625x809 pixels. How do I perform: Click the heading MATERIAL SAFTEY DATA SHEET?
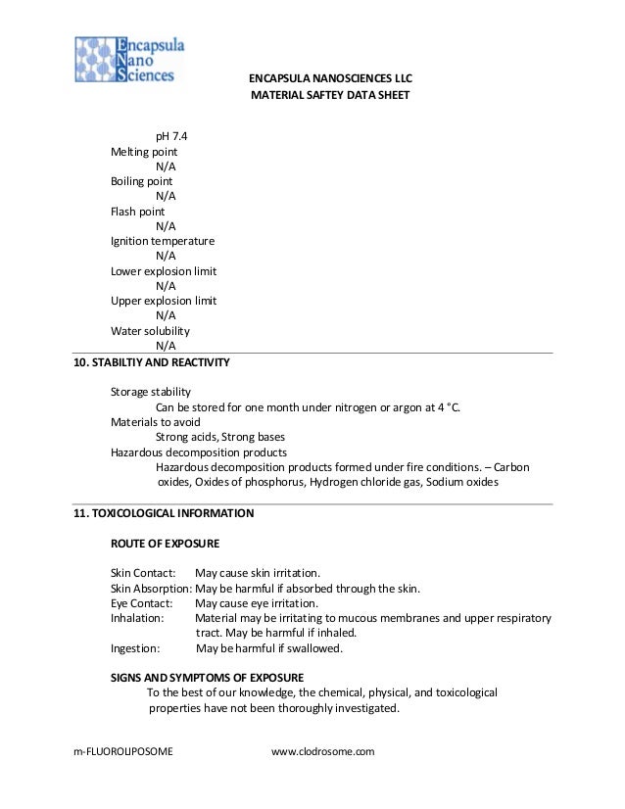click(329, 96)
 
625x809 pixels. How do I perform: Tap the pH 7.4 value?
click(172, 136)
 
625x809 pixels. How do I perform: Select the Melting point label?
click(144, 152)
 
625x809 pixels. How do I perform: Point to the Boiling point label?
click(141, 181)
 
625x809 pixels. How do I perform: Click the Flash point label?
click(137, 211)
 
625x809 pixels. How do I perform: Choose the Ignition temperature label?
click(163, 241)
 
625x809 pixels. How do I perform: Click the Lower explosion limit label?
click(164, 270)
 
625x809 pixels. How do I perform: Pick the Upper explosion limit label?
click(164, 301)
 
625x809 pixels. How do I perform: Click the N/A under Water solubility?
click(166, 345)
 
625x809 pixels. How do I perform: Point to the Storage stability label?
click(150, 393)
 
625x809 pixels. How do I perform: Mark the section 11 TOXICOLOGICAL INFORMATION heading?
click(165, 512)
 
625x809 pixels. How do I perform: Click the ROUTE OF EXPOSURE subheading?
click(165, 543)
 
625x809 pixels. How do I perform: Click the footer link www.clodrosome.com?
click(322, 751)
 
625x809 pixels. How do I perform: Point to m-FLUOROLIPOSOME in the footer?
click(123, 751)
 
